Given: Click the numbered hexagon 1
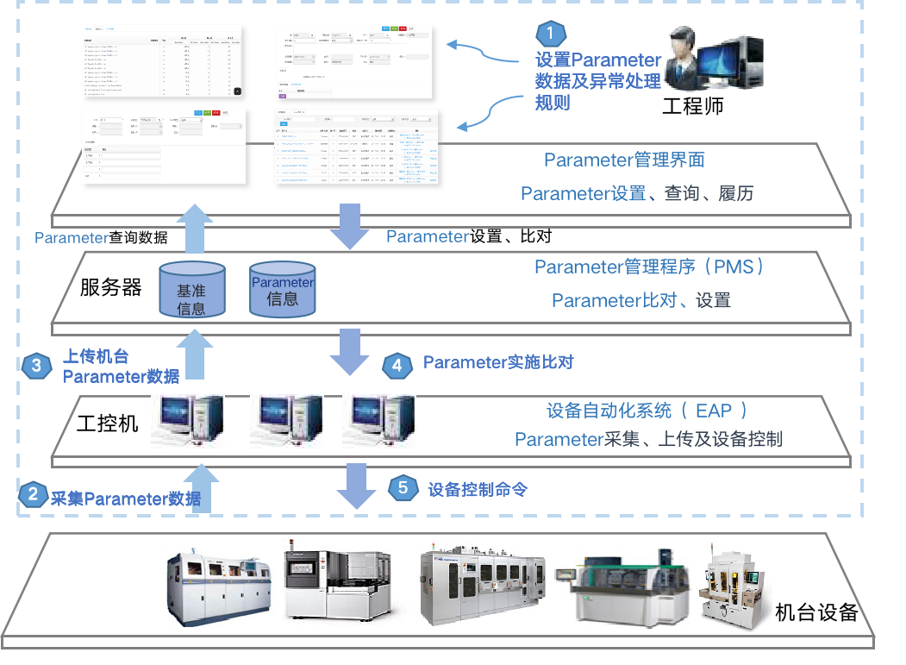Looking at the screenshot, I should click(551, 34).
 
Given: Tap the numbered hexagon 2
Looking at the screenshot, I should click(33, 494).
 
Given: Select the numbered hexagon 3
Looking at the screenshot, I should click(36, 366).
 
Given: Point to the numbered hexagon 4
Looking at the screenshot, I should click(397, 365).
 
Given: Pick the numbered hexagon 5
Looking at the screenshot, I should click(403, 488).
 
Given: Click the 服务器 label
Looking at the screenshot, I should click(111, 287).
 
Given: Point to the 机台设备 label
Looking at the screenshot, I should click(816, 612).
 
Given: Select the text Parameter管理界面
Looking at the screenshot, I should click(625, 160).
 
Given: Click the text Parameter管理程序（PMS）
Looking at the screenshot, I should click(650, 267).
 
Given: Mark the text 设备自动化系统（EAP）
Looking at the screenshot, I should click(647, 410).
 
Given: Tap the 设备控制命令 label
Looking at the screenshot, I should click(478, 490).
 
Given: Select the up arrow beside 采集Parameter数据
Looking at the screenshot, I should click(201, 488).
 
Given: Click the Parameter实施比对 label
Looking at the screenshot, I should click(497, 363).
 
